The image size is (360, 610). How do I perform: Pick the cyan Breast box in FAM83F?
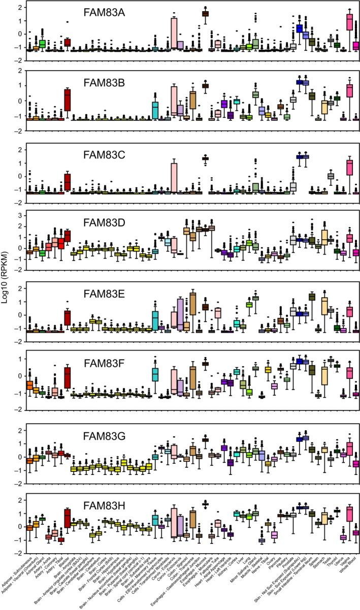pos(156,374)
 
